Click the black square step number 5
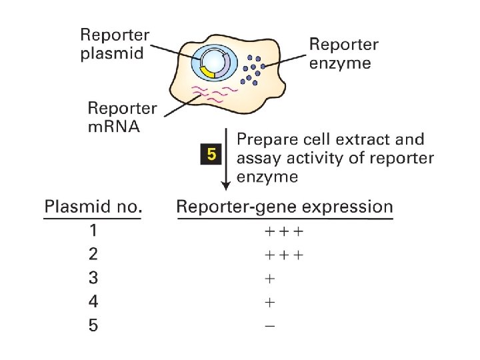[211, 156]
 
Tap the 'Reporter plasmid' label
[115, 44]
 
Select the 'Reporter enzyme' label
[343, 54]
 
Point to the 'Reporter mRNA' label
[123, 117]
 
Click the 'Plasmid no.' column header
[93, 207]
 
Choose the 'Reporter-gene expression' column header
[285, 207]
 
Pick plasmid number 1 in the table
[93, 231]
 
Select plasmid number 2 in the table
[93, 254]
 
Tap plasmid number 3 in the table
[93, 278]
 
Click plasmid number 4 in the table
[93, 301]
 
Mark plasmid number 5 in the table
[93, 325]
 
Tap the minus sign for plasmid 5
[270, 326]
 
